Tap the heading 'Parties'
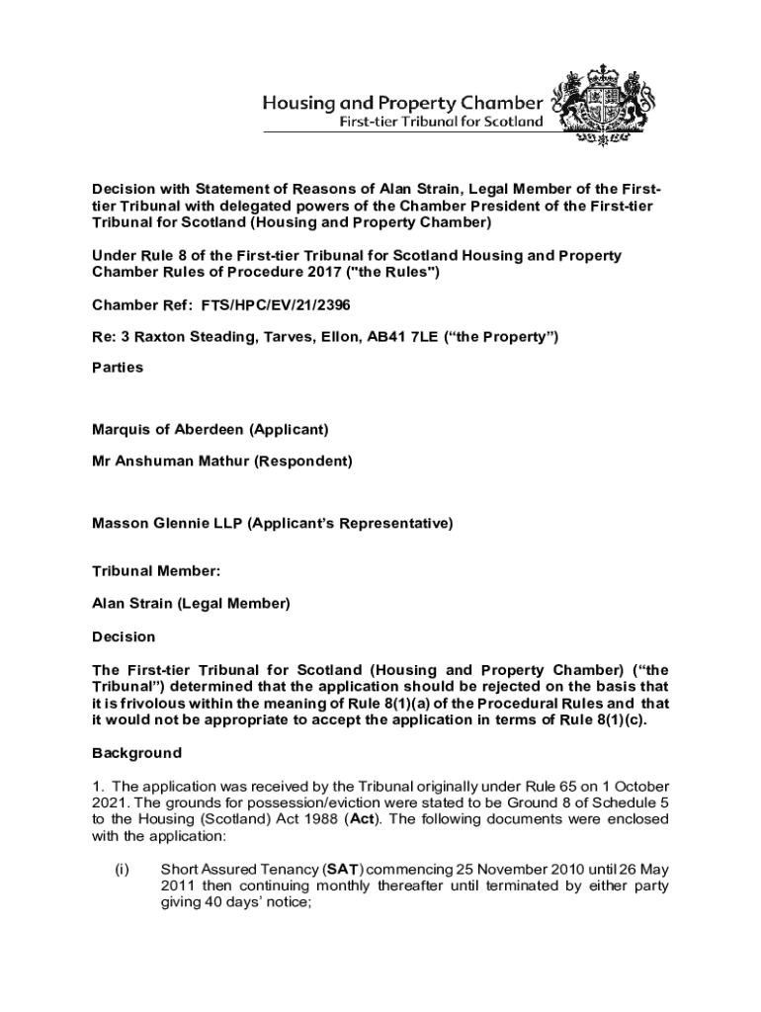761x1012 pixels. tap(118, 368)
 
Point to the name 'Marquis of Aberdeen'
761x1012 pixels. tap(168, 430)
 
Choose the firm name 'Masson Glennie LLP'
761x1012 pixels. tap(167, 523)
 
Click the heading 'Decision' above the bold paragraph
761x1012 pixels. tap(124, 636)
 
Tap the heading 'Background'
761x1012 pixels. tap(136, 753)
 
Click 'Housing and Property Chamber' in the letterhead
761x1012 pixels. tap(401, 103)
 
